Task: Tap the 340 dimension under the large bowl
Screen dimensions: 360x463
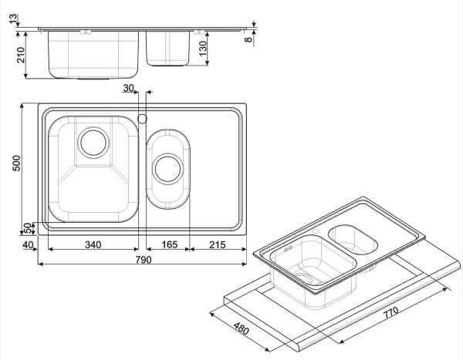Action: coord(93,245)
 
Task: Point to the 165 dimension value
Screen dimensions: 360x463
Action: coord(169,245)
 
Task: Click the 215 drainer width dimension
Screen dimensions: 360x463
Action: coord(218,245)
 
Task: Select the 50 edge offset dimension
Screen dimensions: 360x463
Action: coord(27,228)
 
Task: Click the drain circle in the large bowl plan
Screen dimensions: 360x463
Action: coord(93,142)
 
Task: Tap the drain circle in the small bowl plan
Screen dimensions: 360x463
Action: coord(167,167)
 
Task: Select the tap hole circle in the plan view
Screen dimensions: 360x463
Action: coord(142,118)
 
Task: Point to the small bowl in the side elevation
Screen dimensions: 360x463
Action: coord(168,48)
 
